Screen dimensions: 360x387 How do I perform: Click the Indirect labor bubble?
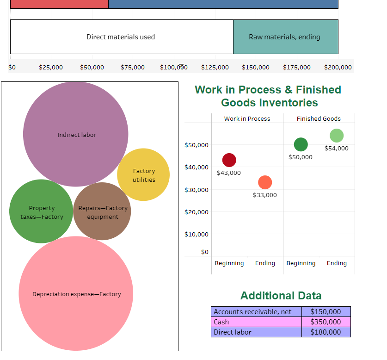point(75,134)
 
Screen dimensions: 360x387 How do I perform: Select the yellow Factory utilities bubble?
point(143,174)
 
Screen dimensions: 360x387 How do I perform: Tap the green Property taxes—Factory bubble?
point(41,211)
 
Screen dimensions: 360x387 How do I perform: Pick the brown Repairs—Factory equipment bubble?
point(102,211)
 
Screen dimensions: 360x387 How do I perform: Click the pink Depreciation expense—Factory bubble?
point(76,293)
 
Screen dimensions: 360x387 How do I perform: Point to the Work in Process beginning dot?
point(229,160)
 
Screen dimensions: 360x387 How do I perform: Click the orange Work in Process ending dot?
point(265,182)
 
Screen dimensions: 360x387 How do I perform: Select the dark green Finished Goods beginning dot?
point(301,144)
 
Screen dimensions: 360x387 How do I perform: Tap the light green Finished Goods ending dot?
point(337,136)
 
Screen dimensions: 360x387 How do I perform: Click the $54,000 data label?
point(337,149)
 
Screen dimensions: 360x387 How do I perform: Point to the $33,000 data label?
point(265,195)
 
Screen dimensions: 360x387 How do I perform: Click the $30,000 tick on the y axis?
point(197,190)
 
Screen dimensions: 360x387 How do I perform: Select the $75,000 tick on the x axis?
point(133,68)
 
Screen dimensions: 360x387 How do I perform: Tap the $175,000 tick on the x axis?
point(297,68)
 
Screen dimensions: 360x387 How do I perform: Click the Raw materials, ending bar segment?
point(285,37)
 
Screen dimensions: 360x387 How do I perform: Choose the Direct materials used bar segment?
point(121,37)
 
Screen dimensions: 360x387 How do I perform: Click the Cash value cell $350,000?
point(326,322)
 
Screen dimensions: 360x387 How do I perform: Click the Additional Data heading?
point(281,296)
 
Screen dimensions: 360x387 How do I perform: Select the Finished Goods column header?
point(319,119)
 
